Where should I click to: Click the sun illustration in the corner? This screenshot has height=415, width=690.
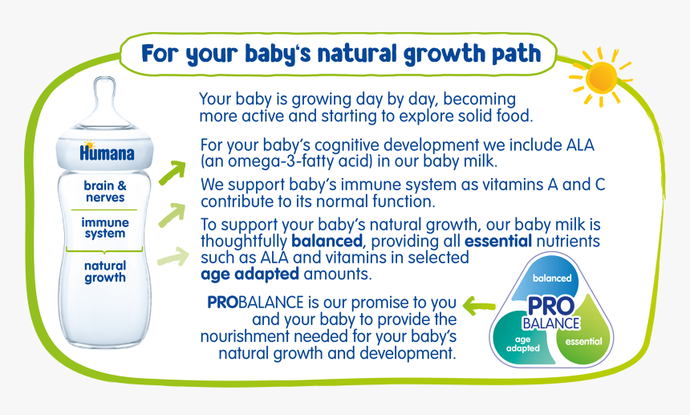pos(601,77)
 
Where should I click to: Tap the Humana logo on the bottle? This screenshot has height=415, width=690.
pos(107,152)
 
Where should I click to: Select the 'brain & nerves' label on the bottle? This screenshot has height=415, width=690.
pos(105,191)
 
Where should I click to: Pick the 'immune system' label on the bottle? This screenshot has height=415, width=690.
pos(105,228)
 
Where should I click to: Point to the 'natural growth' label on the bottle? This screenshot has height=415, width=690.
pos(105,271)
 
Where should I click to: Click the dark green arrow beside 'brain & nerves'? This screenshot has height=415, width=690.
pos(172,172)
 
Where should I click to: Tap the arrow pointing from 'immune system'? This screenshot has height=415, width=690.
pos(172,214)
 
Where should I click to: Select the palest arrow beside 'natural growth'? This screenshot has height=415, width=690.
pos(173,257)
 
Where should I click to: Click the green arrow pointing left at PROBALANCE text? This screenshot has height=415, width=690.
pos(479,306)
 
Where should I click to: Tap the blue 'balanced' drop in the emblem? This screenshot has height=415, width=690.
pos(546,277)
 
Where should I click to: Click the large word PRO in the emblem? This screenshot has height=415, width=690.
pos(551,307)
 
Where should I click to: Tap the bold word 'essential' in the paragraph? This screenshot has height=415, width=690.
pos(498,241)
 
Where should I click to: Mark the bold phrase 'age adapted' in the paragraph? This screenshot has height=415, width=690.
pos(250,275)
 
